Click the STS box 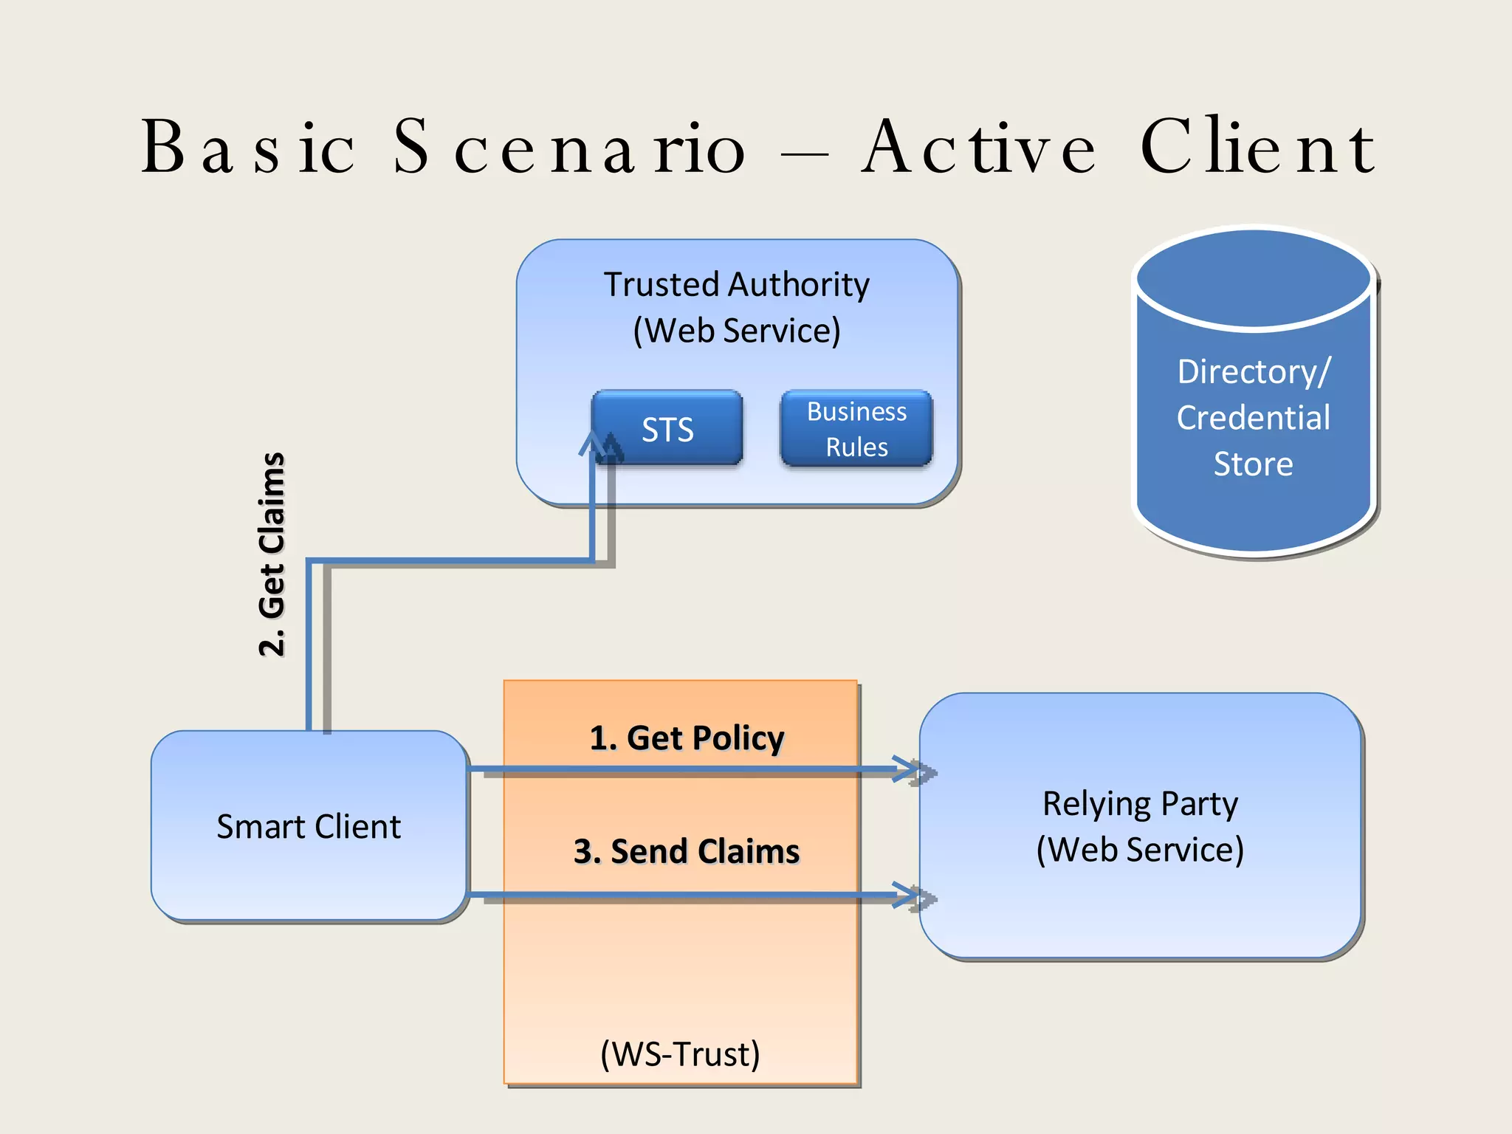(x=667, y=429)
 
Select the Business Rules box (x=856, y=429)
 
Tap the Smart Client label (x=309, y=826)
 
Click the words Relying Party (x=1140, y=803)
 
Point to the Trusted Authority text (x=737, y=284)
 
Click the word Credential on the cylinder (x=1254, y=418)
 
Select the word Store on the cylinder (x=1254, y=464)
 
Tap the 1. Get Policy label (x=687, y=738)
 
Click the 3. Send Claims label (x=687, y=851)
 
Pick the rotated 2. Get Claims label (x=272, y=554)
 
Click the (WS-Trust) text (x=680, y=1054)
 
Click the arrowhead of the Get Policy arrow (x=908, y=769)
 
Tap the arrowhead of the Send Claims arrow (x=908, y=895)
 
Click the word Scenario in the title (x=569, y=148)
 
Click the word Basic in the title (x=248, y=148)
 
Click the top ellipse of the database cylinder (x=1254, y=277)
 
